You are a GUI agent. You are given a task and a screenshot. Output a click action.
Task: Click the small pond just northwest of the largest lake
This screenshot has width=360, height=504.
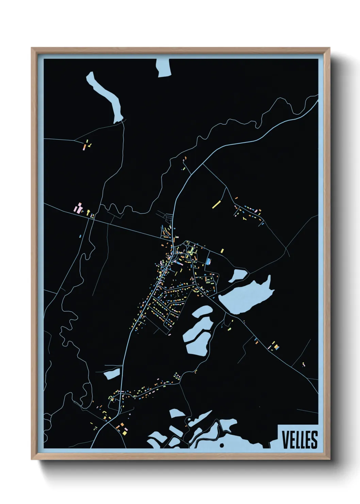click(x=237, y=275)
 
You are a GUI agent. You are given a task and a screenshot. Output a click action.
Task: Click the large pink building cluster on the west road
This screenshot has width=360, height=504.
click(x=79, y=208)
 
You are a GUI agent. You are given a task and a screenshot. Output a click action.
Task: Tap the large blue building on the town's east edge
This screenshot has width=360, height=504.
click(x=208, y=262)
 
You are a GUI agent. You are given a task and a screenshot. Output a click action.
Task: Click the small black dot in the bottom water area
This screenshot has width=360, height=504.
click(x=222, y=445)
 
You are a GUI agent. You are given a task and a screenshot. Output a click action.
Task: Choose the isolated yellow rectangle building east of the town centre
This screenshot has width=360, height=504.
click(x=222, y=251)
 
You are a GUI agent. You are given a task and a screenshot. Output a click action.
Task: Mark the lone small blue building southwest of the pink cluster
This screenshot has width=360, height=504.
click(x=80, y=236)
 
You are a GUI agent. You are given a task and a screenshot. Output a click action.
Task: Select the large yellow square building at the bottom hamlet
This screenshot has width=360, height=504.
click(x=125, y=432)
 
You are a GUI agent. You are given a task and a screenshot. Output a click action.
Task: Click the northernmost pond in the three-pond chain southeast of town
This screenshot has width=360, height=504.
click(x=202, y=311)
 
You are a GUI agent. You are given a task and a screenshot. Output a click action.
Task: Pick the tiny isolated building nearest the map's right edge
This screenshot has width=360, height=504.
click(x=304, y=364)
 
